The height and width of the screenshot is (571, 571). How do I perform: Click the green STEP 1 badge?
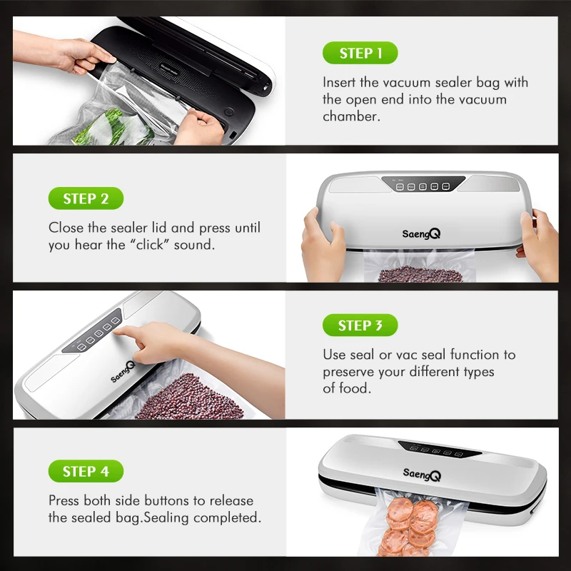pyautogui.click(x=360, y=54)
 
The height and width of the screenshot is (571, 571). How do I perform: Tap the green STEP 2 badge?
pyautogui.click(x=86, y=198)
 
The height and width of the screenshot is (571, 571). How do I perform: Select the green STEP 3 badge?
pyautogui.click(x=360, y=325)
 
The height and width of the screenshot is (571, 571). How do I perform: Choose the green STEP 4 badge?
pyautogui.click(x=86, y=471)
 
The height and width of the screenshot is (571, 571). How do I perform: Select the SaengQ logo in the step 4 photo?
pyautogui.click(x=422, y=474)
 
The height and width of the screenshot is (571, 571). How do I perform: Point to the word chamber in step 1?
pyautogui.click(x=350, y=116)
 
